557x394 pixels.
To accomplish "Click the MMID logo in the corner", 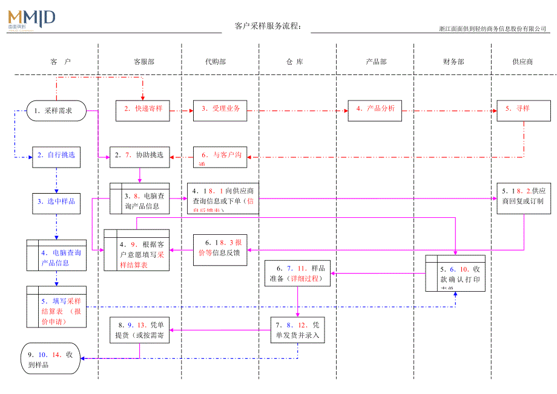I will tap(31, 19).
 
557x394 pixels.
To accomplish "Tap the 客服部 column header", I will tap(143, 62).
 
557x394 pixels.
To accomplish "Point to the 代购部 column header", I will tap(216, 62).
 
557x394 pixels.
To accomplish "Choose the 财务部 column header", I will tap(453, 62).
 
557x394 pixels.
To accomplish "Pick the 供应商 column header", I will tap(522, 62).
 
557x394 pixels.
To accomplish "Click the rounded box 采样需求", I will tap(56, 111).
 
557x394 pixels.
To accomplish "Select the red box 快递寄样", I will tap(143, 110).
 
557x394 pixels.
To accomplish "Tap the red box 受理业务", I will tap(220, 110).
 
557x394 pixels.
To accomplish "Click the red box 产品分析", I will tap(375, 110).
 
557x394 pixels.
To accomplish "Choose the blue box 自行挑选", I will tap(56, 156).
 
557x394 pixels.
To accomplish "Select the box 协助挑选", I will tap(140, 156).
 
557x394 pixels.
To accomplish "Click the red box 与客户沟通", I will tap(220, 156).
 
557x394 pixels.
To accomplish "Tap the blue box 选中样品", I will tap(56, 202).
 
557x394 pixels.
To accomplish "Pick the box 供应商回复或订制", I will tap(523, 197).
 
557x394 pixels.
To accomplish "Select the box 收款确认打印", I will tap(455, 274).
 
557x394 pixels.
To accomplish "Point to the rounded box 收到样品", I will tap(50, 360).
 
